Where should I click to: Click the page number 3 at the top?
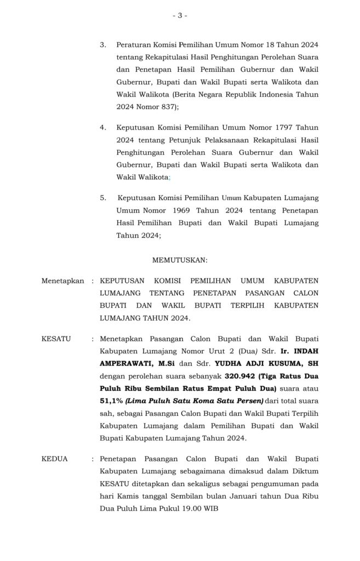click(180, 16)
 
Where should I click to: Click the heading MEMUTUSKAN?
click(180, 259)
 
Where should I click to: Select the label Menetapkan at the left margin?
click(63, 280)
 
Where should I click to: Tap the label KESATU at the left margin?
click(56, 339)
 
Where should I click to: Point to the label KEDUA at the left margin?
click(55, 459)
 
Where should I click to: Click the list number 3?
click(102, 44)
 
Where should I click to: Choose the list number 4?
click(102, 127)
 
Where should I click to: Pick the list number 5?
click(102, 197)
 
